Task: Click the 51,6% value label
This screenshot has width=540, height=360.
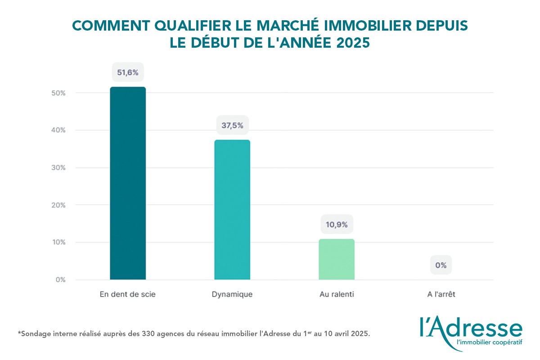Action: pyautogui.click(x=128, y=72)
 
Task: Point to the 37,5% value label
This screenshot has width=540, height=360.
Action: pyautogui.click(x=232, y=125)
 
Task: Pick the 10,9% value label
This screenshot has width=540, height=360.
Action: pyautogui.click(x=337, y=224)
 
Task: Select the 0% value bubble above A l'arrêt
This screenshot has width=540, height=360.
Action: pyautogui.click(x=441, y=265)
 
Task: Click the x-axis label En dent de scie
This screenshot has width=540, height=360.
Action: pyautogui.click(x=128, y=294)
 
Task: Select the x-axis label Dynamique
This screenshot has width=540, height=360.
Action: pyautogui.click(x=232, y=294)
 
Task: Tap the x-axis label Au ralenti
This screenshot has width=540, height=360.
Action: pyautogui.click(x=337, y=294)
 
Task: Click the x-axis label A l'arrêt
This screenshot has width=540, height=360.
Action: pyautogui.click(x=441, y=294)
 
